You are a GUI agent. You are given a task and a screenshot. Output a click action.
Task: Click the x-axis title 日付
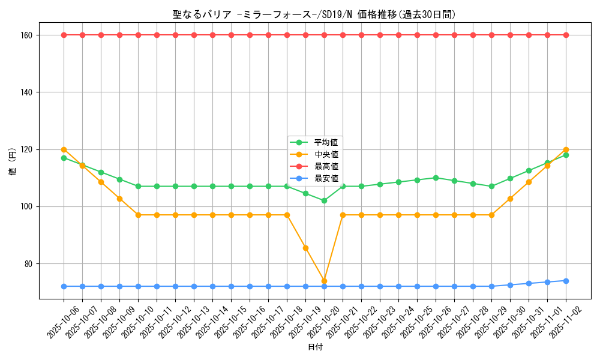click(315, 347)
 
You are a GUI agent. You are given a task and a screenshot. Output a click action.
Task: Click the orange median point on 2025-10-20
click(324, 281)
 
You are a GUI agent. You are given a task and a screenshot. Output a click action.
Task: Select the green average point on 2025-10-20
click(324, 200)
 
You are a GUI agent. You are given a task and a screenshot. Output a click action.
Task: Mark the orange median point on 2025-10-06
click(64, 149)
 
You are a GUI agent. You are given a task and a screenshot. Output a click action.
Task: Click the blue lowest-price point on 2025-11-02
click(566, 281)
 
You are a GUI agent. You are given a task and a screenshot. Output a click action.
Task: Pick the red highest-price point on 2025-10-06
click(64, 35)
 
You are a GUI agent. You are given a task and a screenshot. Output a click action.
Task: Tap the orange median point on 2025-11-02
click(566, 149)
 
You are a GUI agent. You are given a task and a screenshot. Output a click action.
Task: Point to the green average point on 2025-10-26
click(436, 178)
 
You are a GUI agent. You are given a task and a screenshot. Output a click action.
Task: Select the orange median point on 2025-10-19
click(305, 248)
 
